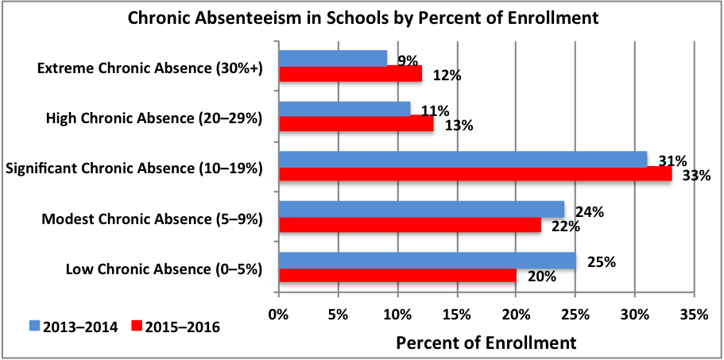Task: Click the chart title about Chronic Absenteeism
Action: pyautogui.click(x=362, y=17)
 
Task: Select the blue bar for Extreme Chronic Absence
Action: pyautogui.click(x=332, y=59)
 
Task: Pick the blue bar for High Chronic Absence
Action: pyautogui.click(x=344, y=108)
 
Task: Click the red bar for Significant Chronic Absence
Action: pyautogui.click(x=474, y=174)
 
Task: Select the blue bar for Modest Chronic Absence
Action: pyautogui.click(x=420, y=209)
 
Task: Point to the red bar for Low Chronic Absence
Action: pyautogui.click(x=397, y=275)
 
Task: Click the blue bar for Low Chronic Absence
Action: pyautogui.click(x=427, y=260)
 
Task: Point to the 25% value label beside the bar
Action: pyautogui.click(x=600, y=261)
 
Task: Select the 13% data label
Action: pyautogui.click(x=459, y=126)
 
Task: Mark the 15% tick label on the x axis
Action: pyautogui.click(x=456, y=315)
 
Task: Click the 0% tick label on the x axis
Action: pyautogui.click(x=278, y=315)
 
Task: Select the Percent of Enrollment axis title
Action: pyautogui.click(x=486, y=343)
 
